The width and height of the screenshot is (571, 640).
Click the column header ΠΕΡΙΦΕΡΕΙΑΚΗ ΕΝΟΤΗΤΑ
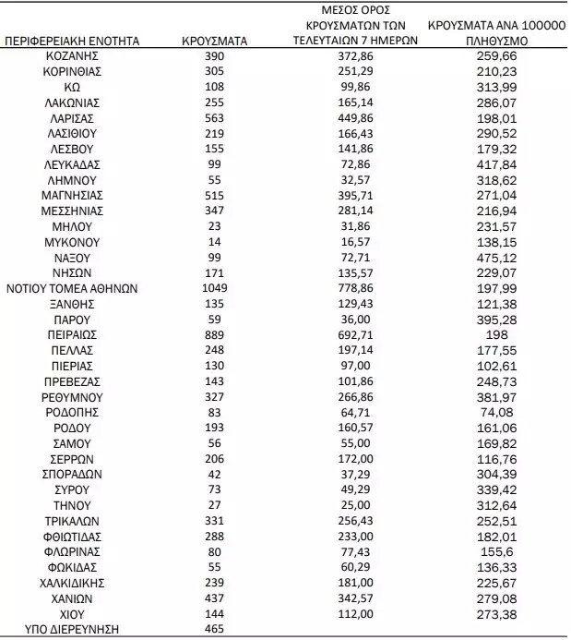click(x=72, y=42)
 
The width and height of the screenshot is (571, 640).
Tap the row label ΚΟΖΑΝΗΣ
click(x=72, y=56)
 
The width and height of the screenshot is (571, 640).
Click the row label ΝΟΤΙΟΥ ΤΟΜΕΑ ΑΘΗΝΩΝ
click(x=72, y=287)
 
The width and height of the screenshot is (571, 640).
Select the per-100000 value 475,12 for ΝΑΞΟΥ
click(x=497, y=257)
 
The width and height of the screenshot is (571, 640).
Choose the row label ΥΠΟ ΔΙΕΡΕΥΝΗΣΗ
click(x=72, y=630)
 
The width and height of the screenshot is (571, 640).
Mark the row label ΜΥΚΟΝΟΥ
click(x=72, y=241)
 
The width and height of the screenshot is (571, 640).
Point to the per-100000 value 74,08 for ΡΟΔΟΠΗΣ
click(x=497, y=411)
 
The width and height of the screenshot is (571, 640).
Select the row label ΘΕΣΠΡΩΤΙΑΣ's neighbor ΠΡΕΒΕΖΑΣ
click(x=72, y=380)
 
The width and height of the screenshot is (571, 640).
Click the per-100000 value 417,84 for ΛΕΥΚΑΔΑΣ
click(x=497, y=164)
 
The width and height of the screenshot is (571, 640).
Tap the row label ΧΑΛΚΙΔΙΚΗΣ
click(x=72, y=583)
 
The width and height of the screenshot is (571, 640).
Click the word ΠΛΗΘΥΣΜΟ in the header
click(x=497, y=42)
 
